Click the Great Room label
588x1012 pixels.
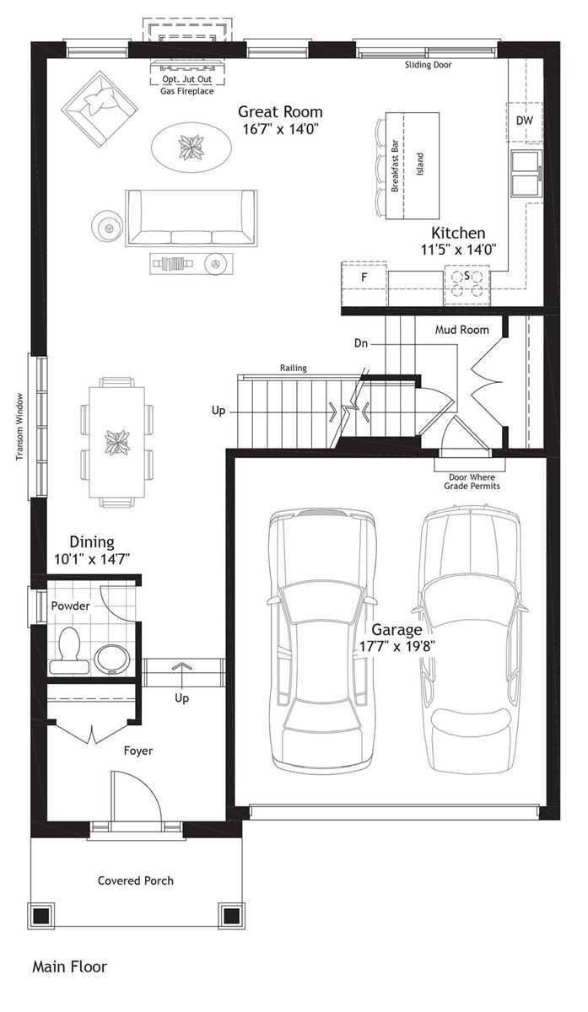point(279,111)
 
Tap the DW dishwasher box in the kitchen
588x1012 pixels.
point(524,121)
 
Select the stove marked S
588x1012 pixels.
point(467,283)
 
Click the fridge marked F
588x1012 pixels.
point(364,277)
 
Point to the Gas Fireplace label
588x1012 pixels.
point(186,90)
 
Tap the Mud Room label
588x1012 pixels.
point(461,330)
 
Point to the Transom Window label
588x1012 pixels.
point(19,426)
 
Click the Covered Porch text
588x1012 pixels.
point(136,880)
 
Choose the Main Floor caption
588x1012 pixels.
point(69,966)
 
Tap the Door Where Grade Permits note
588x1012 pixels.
point(472,482)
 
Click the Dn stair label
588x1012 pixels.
point(360,343)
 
